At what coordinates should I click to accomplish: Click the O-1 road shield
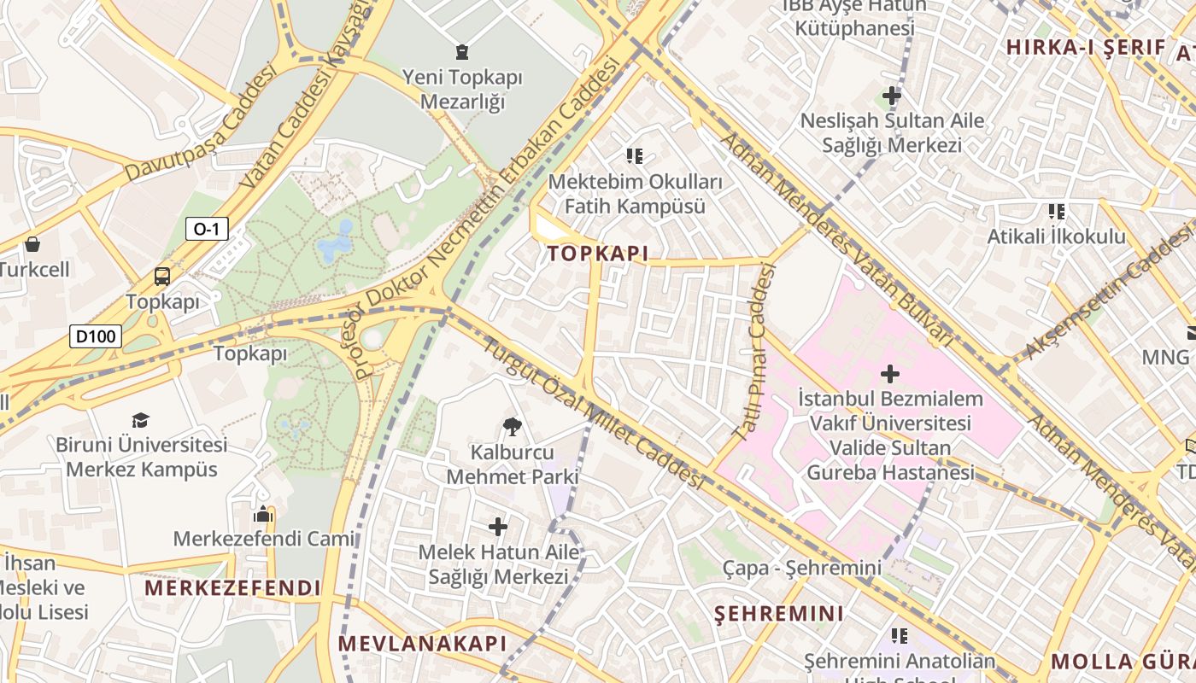click(207, 228)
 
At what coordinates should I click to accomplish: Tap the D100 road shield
click(96, 336)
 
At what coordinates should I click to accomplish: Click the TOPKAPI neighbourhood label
click(598, 254)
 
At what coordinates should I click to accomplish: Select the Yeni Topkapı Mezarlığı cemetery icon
click(462, 51)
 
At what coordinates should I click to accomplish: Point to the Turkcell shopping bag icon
click(32, 244)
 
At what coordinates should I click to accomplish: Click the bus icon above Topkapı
click(161, 276)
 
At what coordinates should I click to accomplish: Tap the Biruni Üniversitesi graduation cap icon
click(140, 420)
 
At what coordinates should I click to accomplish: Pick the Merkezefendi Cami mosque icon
click(263, 514)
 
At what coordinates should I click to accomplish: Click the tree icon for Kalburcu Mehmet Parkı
click(513, 426)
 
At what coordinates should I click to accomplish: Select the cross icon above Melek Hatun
click(498, 527)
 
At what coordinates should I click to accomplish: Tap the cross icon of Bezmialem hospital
click(890, 373)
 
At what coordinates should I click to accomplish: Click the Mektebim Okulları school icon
click(634, 156)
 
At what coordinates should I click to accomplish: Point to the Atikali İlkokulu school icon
click(1057, 211)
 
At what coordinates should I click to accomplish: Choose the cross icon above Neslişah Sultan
click(892, 96)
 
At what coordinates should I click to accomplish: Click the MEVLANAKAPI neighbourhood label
click(423, 644)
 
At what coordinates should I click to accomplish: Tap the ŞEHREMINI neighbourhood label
click(779, 613)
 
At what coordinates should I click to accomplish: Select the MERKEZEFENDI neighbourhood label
click(232, 588)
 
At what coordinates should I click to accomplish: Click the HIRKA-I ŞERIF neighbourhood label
click(1086, 48)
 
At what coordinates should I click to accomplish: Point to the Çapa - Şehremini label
click(801, 568)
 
